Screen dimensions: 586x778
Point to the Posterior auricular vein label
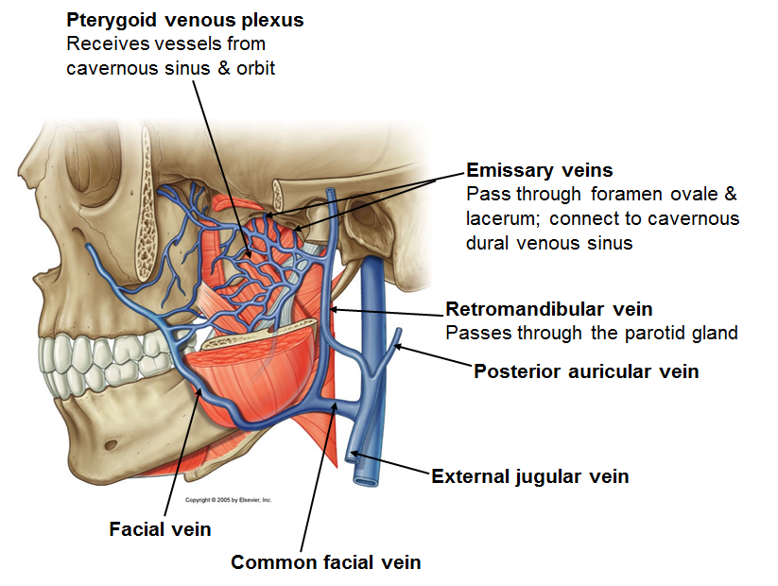click(586, 371)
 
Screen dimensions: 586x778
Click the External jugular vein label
click(530, 476)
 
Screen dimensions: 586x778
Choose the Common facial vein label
click(326, 562)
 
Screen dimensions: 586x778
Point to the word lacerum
click(498, 219)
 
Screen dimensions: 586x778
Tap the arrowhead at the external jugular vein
click(353, 457)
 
